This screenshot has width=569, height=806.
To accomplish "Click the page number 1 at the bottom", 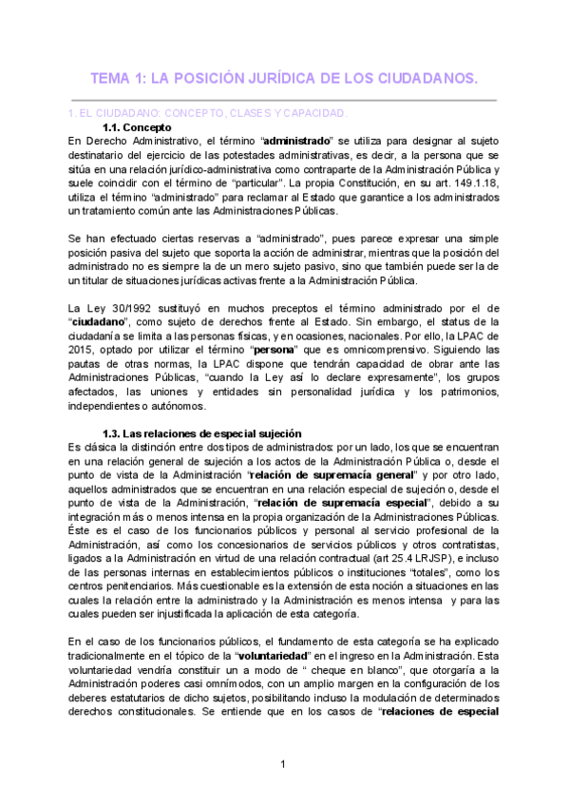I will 283,765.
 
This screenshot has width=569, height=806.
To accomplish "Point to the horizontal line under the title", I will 284,99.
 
